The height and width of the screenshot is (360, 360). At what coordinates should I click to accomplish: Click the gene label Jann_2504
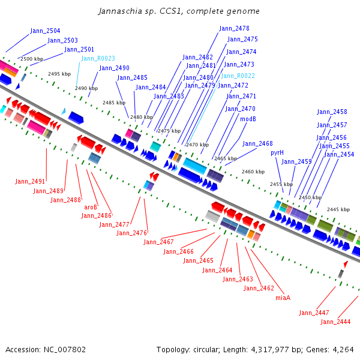[45, 31]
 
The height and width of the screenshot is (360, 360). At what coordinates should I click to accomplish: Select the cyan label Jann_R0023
[98, 58]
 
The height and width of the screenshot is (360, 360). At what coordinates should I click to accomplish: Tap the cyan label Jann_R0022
[238, 76]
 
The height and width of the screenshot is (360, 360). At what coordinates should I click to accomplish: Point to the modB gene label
[248, 119]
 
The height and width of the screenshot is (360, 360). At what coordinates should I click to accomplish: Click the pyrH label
[277, 153]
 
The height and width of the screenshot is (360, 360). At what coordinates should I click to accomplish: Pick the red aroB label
[91, 208]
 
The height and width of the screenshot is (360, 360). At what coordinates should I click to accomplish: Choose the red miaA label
[283, 298]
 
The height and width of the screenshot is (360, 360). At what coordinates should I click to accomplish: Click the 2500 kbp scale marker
[32, 59]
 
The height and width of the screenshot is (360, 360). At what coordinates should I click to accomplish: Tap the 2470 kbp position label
[197, 145]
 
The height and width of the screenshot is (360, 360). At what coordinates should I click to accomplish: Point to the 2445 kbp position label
[338, 209]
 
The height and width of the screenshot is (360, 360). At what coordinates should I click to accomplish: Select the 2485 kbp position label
[114, 103]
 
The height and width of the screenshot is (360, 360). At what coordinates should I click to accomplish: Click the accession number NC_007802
[65, 350]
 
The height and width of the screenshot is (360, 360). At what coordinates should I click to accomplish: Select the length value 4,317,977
[270, 350]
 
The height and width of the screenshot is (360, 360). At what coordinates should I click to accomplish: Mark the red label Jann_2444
[335, 322]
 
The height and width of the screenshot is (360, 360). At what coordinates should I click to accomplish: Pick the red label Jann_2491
[30, 181]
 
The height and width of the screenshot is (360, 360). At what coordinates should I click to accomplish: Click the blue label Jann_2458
[332, 112]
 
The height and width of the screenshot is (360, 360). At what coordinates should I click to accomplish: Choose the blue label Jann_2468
[257, 144]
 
